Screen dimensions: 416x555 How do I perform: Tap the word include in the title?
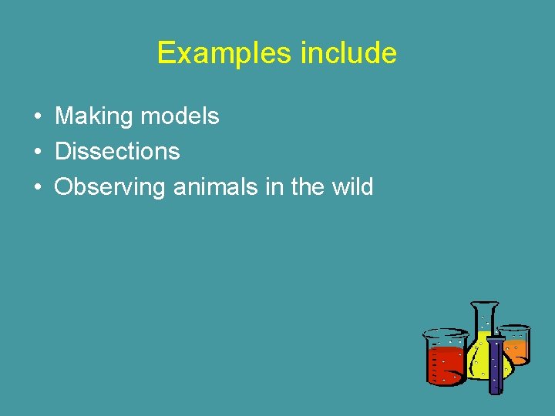pyautogui.click(x=348, y=53)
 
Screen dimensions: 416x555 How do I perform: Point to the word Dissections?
pyautogui.click(x=117, y=151)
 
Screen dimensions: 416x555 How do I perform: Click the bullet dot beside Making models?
pyautogui.click(x=37, y=117)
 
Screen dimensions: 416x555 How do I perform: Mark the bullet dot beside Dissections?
pyautogui.click(x=37, y=152)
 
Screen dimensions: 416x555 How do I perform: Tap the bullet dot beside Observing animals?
pyautogui.click(x=37, y=187)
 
